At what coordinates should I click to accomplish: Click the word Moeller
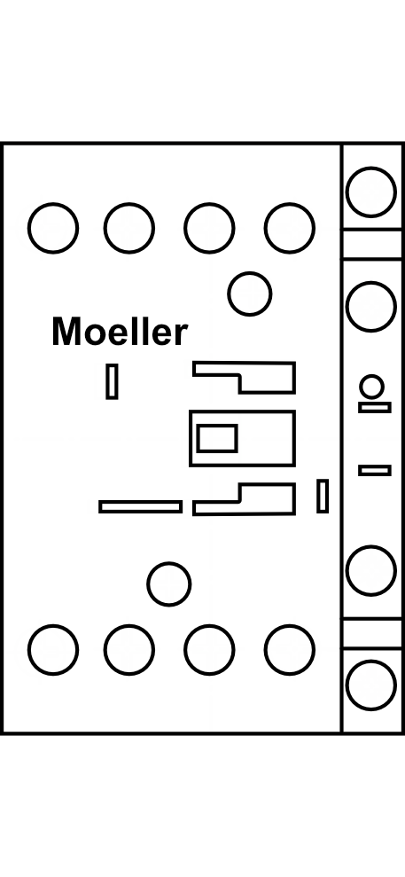click(120, 332)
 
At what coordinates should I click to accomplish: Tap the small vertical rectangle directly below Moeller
click(112, 381)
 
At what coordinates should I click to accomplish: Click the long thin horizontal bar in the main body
click(140, 506)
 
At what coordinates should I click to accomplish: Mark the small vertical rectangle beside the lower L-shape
click(323, 496)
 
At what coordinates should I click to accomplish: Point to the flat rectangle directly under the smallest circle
click(375, 407)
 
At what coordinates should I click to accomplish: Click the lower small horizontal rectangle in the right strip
click(375, 470)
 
